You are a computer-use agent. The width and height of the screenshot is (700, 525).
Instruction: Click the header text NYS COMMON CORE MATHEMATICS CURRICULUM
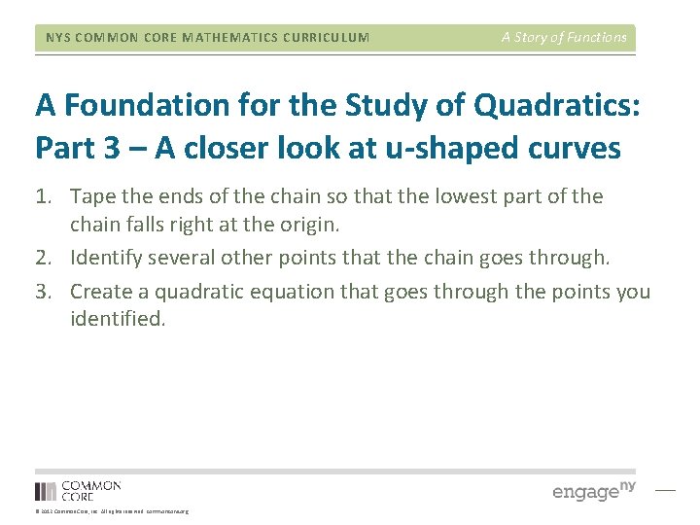(x=207, y=38)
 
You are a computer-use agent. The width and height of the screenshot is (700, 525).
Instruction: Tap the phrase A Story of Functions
(x=564, y=37)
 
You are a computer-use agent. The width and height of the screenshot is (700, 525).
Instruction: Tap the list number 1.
(x=44, y=196)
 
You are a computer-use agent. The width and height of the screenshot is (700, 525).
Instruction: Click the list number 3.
(x=44, y=292)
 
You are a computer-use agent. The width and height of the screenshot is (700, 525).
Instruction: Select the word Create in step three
(x=100, y=292)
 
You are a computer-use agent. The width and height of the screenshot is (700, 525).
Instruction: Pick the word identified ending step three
(x=117, y=318)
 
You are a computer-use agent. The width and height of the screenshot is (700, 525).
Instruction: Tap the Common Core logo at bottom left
(x=78, y=490)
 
